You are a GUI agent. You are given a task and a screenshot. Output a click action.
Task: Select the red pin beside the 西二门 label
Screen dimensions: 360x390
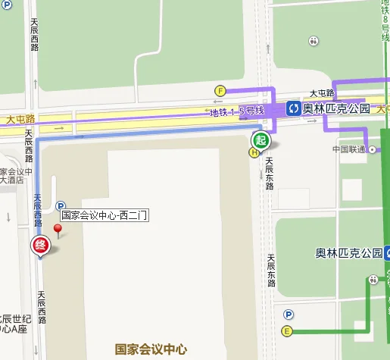(x=58, y=230)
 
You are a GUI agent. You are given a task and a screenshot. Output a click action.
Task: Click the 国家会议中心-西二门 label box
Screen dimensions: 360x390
(x=104, y=214)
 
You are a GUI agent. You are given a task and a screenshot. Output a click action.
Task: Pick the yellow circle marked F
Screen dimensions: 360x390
(x=221, y=90)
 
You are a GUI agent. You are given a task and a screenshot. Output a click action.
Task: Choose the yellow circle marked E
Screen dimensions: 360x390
(x=287, y=331)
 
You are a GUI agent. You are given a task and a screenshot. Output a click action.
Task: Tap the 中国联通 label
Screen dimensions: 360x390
(x=350, y=149)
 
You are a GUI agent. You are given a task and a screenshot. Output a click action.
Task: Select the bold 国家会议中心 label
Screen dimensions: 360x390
(x=151, y=349)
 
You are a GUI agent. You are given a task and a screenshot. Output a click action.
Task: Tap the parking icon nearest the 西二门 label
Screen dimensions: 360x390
(x=61, y=205)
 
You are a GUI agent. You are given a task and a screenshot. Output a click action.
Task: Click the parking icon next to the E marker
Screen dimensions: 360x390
(x=288, y=315)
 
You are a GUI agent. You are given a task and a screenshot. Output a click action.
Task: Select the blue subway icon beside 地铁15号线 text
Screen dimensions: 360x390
(x=292, y=109)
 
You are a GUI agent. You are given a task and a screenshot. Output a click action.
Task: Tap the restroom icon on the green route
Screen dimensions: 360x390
(x=372, y=280)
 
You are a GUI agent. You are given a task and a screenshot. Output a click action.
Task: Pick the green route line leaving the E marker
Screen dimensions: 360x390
(x=326, y=331)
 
